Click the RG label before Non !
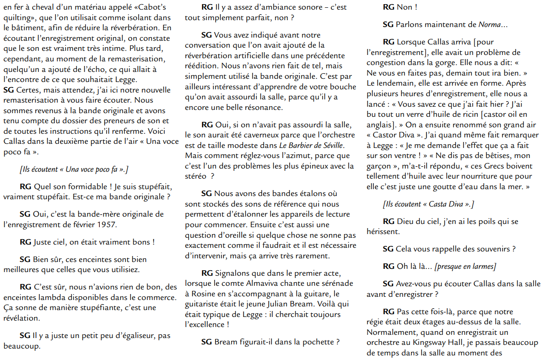tap(389, 7)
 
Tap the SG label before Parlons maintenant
tap(388, 24)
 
